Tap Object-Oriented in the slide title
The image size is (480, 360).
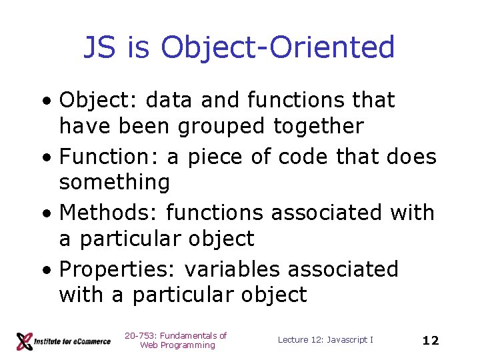tap(278, 48)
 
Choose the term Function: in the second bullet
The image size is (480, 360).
tap(111, 157)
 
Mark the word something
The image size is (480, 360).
tap(114, 181)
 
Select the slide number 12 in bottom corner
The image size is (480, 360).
tap(431, 341)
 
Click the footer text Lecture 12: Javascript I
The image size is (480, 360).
tap(325, 340)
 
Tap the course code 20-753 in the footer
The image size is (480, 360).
tap(137, 335)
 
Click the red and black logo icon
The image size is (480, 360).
tap(24, 341)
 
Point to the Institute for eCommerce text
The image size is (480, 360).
tap(73, 341)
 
